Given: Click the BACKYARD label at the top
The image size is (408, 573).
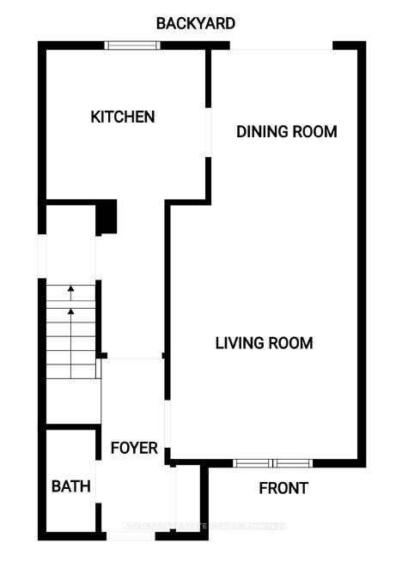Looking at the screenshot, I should pos(195,23).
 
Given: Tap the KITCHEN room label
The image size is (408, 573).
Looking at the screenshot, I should pos(123,117).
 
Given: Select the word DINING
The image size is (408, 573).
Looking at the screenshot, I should pos(263,132).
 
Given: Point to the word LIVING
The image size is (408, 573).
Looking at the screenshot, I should pos(239,343).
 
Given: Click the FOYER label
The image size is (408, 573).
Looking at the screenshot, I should pos(134,448).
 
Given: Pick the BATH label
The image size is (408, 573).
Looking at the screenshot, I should pos(71,486).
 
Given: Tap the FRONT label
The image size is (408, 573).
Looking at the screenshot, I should pos(283,488).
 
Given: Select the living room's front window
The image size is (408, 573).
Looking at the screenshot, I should pos(273,464).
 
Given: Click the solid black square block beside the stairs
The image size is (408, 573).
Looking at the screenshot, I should pos(106,216).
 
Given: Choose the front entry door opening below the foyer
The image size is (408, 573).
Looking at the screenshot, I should pos(131,536).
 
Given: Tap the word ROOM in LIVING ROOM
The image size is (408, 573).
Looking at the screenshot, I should pos(289,343).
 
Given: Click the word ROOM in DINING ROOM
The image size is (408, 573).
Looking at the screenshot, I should pos(314,132).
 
